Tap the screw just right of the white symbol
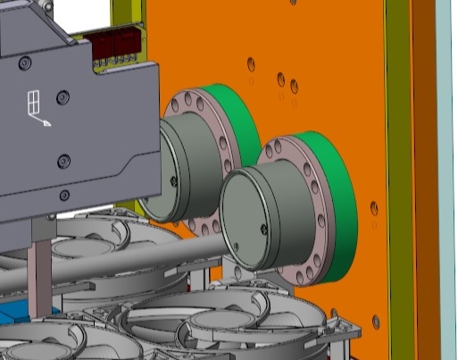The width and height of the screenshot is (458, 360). (x=62, y=97)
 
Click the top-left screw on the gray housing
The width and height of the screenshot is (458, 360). (x=25, y=63)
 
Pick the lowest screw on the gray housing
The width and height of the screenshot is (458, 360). (x=64, y=196)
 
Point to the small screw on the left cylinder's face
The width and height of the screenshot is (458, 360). (x=173, y=181)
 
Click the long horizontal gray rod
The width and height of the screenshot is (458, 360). (x=134, y=258)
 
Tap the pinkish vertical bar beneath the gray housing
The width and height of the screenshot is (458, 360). (x=37, y=268)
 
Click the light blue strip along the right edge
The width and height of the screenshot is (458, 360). (x=447, y=179)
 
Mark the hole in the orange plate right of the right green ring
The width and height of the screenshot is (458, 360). (x=374, y=208)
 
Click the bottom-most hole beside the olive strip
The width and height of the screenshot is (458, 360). (x=376, y=322)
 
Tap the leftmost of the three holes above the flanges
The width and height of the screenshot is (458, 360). (x=250, y=64)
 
